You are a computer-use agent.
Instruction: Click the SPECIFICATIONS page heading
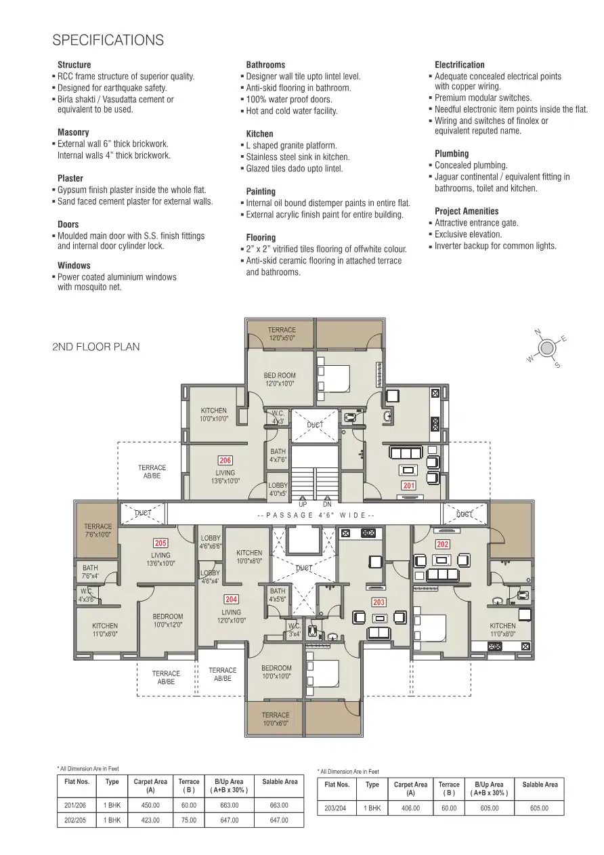tap(108, 41)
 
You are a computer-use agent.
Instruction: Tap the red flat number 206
tap(225, 461)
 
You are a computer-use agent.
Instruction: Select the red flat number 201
tap(408, 486)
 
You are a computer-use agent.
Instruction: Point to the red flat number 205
tap(160, 543)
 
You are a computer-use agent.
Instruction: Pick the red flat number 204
tap(232, 599)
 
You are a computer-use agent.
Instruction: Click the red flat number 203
tap(379, 602)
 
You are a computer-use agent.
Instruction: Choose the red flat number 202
tap(442, 544)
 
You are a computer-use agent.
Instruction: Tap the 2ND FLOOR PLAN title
tap(95, 347)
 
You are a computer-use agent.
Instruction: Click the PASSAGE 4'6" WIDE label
tap(316, 516)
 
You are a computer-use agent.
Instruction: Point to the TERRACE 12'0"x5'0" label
tap(281, 333)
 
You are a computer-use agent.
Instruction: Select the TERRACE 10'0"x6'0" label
tap(276, 719)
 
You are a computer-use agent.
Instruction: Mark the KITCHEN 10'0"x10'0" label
tap(214, 415)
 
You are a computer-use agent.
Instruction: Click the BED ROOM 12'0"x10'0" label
tap(280, 379)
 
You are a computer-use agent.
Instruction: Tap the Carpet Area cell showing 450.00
tap(150, 806)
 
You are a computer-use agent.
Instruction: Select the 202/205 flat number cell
tap(77, 820)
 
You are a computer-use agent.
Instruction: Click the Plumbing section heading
tap(452, 154)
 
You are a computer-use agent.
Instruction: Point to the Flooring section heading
tap(261, 238)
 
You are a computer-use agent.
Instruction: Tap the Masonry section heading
tap(73, 133)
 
